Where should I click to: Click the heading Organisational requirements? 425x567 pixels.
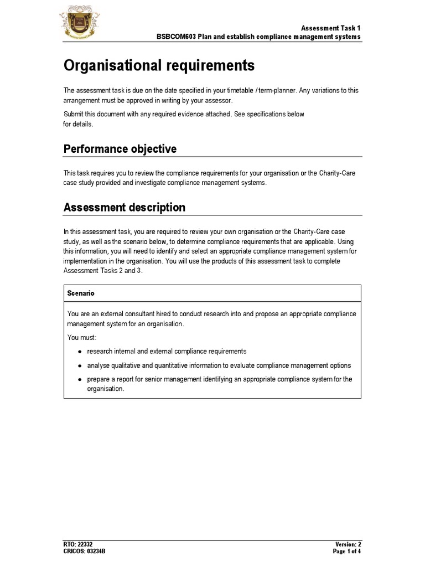(x=159, y=66)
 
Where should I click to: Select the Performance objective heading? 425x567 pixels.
(x=120, y=149)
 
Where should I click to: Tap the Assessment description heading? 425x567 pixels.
(x=125, y=208)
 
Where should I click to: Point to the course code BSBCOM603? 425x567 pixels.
(x=177, y=37)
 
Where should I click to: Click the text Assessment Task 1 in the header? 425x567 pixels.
(x=330, y=28)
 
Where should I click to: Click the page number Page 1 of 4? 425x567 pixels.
(x=346, y=551)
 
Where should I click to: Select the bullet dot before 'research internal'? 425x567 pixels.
(x=80, y=352)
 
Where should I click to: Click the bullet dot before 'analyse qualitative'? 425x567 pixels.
(x=80, y=366)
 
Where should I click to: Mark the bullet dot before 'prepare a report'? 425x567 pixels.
(x=80, y=380)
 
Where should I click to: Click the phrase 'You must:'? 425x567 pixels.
(x=82, y=337)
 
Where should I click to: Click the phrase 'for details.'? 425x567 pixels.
(x=79, y=124)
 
